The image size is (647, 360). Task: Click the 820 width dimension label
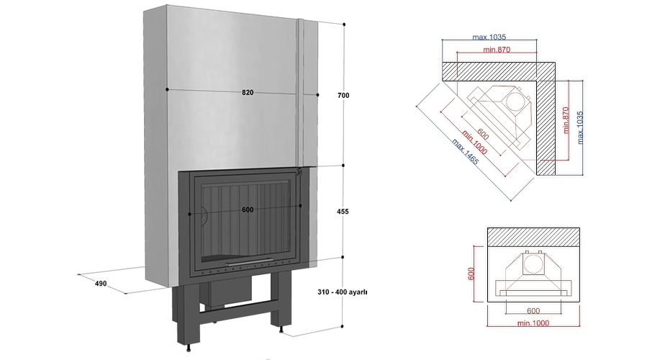[x=248, y=92]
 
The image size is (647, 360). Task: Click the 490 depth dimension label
[x=100, y=284]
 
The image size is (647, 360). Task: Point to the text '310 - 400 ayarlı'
[x=342, y=293]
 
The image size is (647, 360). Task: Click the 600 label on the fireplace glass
[x=248, y=210]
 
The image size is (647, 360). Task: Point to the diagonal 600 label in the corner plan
[x=483, y=127]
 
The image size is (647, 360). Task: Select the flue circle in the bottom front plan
[x=532, y=265]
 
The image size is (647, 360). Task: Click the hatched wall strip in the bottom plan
[x=533, y=235]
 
